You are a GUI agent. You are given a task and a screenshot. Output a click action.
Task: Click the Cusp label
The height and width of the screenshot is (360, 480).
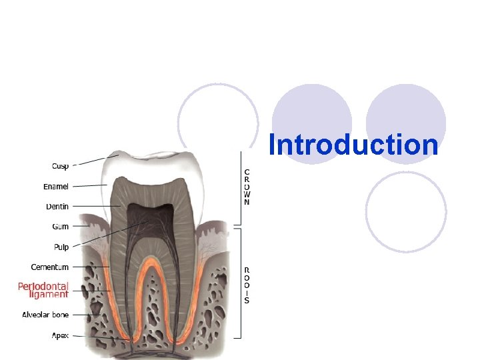click(60, 166)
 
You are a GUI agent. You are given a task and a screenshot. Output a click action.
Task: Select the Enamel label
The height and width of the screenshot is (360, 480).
click(56, 187)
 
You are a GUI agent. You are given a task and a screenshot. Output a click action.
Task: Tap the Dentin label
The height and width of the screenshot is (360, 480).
click(57, 207)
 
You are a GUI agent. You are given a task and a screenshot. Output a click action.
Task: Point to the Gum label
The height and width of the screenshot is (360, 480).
click(61, 227)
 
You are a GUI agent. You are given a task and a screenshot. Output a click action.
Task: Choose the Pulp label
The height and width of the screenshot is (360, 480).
click(61, 247)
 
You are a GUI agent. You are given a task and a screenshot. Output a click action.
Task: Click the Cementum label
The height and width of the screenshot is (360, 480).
click(49, 267)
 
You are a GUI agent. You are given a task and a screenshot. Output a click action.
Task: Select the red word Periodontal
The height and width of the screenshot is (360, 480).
click(43, 286)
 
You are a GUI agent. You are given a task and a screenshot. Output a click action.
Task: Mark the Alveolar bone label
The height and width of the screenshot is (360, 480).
click(45, 315)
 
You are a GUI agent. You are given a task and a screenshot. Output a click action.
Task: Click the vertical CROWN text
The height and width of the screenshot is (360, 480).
click(247, 187)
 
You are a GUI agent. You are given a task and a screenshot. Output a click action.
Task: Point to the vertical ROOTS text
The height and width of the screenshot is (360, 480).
click(247, 283)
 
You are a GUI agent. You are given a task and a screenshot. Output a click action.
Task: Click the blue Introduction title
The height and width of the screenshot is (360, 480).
click(353, 145)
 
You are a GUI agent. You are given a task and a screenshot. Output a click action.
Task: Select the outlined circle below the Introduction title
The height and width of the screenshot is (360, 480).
click(407, 212)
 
